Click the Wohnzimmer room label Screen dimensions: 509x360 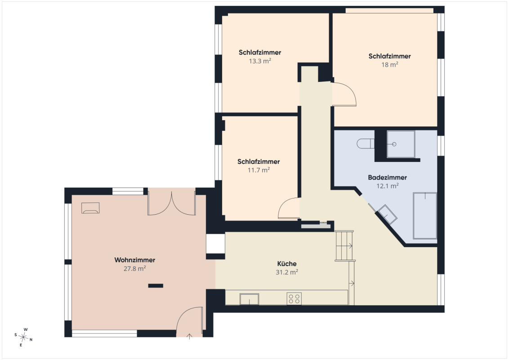[135, 260]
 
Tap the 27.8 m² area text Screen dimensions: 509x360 [135, 268]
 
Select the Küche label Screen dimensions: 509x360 [286, 264]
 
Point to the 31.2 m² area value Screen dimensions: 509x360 [287, 272]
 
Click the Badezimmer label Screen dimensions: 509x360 [387, 177]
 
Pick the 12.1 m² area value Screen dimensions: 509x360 [387, 186]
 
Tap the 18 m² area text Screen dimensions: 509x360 [389, 64]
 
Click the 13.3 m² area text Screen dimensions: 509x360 [260, 61]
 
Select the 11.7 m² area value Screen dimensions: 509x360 [259, 170]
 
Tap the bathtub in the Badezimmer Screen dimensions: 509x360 [425, 216]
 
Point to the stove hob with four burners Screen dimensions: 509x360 [294, 299]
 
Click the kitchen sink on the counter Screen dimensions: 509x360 [249, 299]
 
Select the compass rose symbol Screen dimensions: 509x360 [23, 337]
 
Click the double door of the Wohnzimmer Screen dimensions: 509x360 [171, 203]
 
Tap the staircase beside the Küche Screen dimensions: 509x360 [344, 246]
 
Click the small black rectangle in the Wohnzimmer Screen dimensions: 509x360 [156, 286]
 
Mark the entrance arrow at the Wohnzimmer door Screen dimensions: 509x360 [190, 336]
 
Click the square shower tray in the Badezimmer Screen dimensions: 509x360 [401, 144]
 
